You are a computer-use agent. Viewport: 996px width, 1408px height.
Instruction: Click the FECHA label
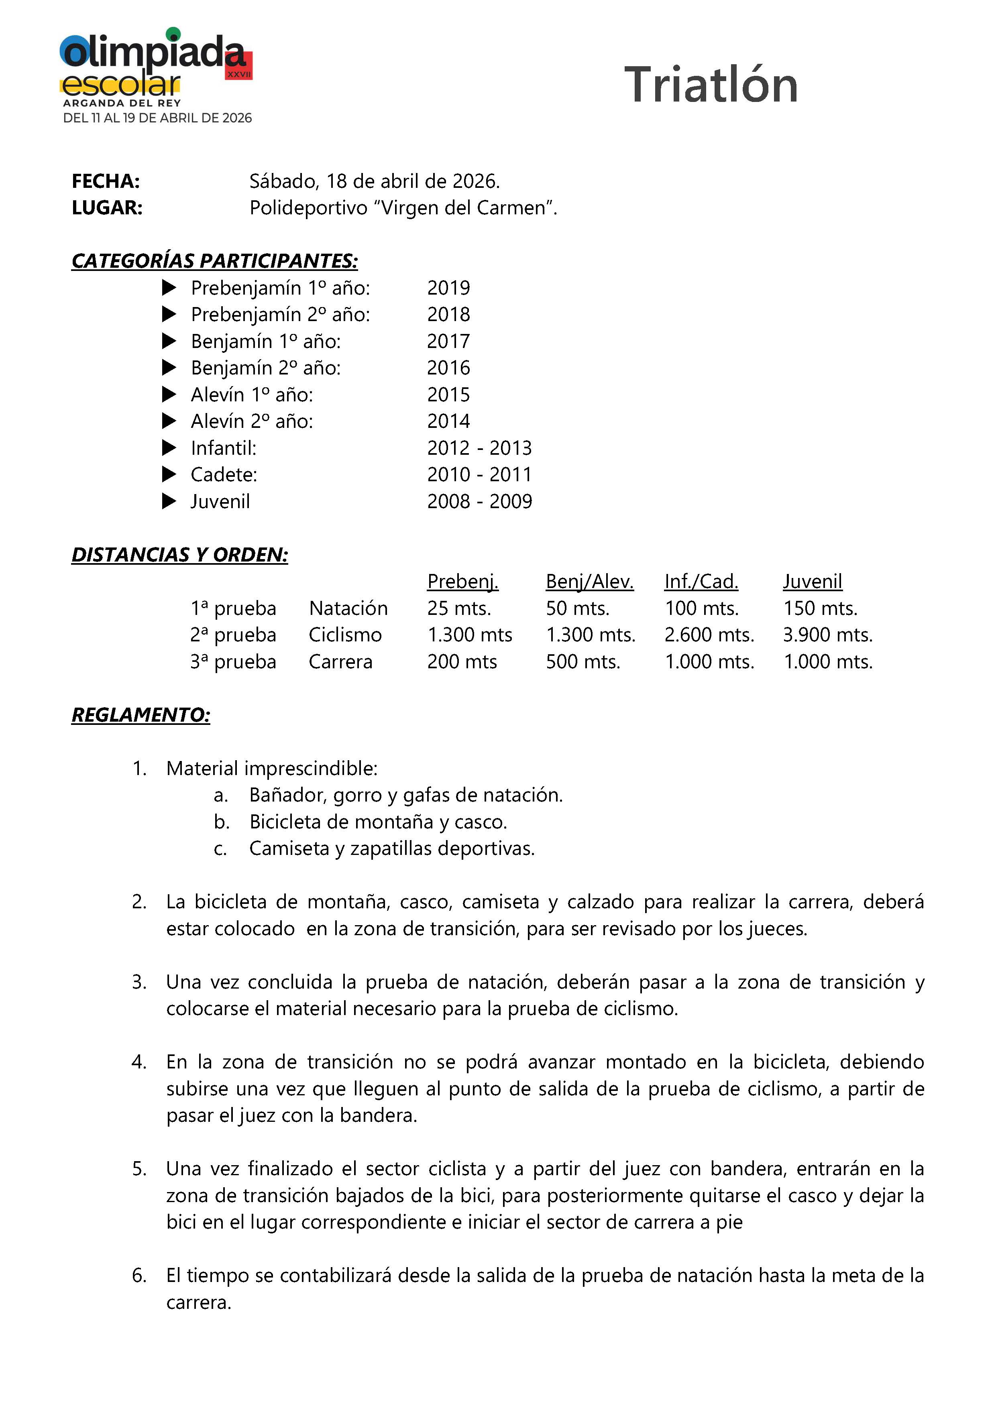pos(106,181)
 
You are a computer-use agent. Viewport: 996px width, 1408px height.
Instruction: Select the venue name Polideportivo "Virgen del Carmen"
pos(403,208)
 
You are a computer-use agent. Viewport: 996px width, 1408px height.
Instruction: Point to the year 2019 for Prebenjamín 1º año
pos(448,288)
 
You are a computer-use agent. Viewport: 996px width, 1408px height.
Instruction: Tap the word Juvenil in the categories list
pos(220,502)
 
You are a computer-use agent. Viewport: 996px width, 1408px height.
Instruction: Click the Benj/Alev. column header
pos(589,581)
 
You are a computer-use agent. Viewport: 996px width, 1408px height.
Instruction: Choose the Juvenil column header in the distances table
pos(812,581)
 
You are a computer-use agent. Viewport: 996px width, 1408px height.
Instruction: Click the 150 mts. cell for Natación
pos(820,608)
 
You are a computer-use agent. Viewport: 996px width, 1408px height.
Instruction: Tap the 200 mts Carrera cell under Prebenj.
pos(462,662)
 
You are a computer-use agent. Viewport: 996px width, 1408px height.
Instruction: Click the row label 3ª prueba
pos(233,662)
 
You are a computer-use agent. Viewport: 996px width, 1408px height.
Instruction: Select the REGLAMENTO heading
pos(141,715)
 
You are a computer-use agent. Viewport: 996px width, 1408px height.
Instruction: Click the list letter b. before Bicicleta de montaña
pos(222,822)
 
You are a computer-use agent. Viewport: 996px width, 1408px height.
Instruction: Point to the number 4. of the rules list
pos(139,1062)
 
